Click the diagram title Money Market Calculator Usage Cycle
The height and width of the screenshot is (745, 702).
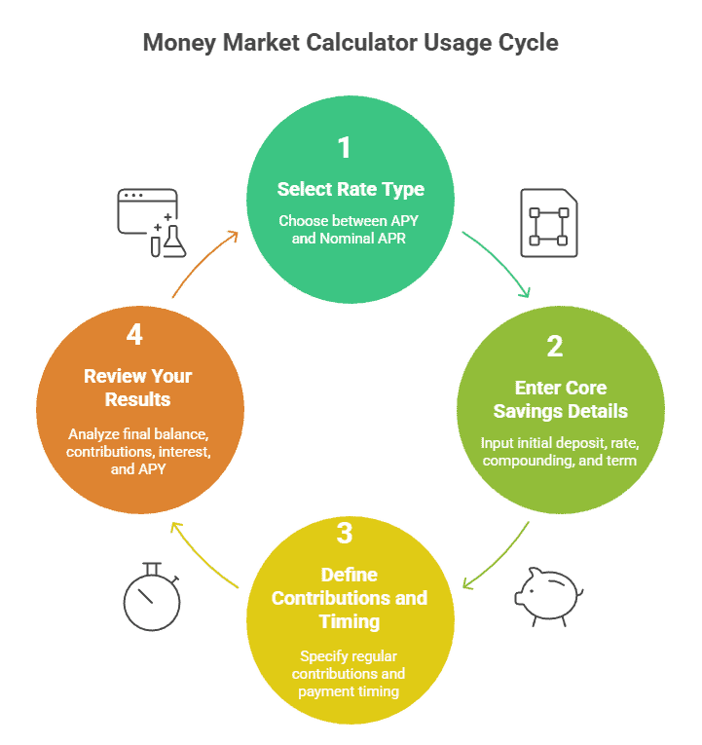351,43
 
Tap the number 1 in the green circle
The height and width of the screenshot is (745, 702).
344,148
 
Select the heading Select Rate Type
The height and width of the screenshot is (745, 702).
351,189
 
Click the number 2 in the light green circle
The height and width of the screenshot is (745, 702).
554,347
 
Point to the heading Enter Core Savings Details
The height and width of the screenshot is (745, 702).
560,399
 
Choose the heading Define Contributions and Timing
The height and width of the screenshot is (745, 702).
350,597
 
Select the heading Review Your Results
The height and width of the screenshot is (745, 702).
137,387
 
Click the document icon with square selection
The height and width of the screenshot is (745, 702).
548,223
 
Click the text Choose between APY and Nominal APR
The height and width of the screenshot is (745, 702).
348,229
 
